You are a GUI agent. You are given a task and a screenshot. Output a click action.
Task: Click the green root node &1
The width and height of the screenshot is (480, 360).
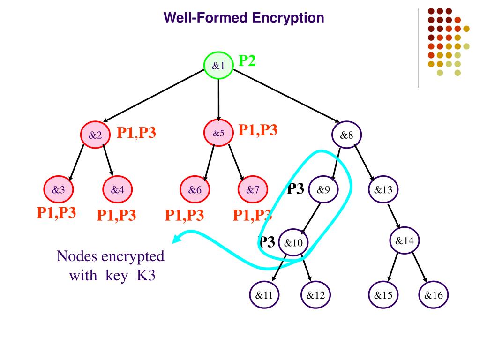(x=218, y=66)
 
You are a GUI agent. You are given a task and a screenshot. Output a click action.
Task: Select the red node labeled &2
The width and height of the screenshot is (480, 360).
(x=95, y=135)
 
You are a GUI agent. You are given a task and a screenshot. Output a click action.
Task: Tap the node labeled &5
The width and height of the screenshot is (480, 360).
(x=218, y=133)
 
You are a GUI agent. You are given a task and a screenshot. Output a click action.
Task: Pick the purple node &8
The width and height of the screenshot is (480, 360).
(x=346, y=135)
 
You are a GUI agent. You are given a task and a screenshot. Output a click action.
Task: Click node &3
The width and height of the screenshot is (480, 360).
(x=59, y=190)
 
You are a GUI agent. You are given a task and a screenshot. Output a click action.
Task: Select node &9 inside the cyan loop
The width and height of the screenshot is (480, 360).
(x=324, y=190)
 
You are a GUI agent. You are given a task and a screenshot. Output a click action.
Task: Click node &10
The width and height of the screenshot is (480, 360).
(x=293, y=242)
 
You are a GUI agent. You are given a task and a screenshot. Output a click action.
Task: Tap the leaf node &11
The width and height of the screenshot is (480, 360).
(x=264, y=295)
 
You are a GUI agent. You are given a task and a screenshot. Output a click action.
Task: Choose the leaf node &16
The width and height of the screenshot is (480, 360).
(x=434, y=295)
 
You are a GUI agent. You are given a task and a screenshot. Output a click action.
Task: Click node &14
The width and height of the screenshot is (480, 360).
(x=405, y=241)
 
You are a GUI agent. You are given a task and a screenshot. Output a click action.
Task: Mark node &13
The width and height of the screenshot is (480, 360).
(x=383, y=190)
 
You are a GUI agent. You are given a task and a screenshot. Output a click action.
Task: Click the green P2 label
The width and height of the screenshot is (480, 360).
(x=247, y=61)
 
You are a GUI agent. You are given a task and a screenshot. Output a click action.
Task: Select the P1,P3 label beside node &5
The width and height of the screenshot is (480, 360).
(x=258, y=130)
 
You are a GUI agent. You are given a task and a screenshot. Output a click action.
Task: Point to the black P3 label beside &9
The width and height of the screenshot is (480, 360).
(x=295, y=189)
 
